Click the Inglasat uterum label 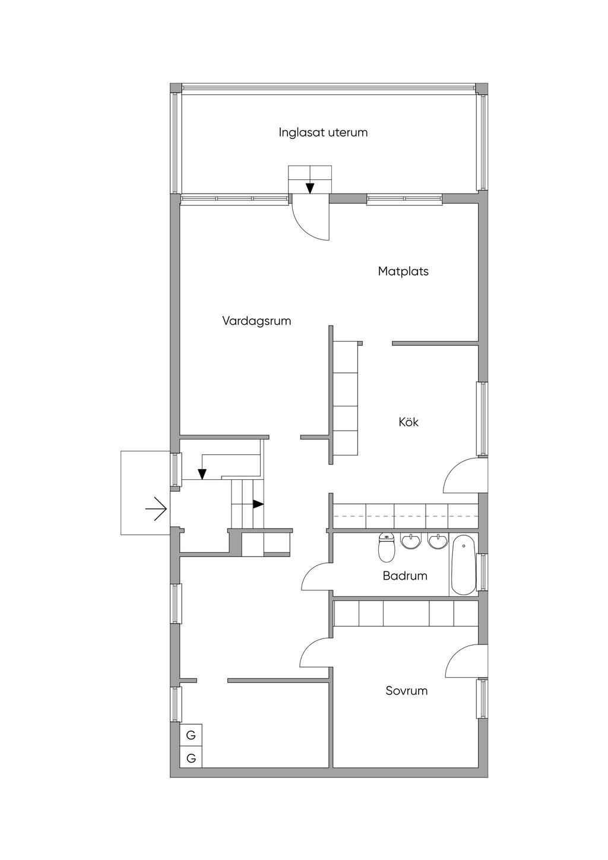323,132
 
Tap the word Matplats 403,271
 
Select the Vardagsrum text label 256,321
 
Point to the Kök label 408,422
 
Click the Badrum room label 405,576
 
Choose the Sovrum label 407,691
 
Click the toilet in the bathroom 387,548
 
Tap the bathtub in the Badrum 463,565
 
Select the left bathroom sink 410,541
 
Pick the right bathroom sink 437,541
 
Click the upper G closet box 191,735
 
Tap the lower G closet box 191,758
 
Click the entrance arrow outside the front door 156,509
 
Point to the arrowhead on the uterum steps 310,188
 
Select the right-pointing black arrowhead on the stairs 258,504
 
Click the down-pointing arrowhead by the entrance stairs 202,475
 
